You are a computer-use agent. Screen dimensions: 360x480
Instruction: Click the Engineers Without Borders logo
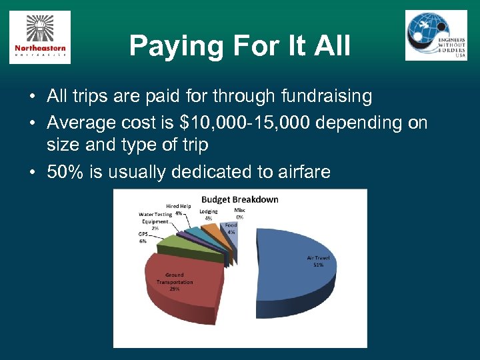pos(436,35)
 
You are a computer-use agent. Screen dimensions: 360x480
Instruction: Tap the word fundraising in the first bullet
pos(325,97)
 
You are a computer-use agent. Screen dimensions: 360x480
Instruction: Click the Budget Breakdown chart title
pos(240,199)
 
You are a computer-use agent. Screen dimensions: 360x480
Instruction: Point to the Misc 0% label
pos(239,213)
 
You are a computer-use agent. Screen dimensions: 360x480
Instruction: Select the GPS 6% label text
pos(143,237)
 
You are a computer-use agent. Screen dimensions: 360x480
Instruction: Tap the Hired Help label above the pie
pos(179,206)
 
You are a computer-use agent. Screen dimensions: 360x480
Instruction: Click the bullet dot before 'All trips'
pos(32,97)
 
